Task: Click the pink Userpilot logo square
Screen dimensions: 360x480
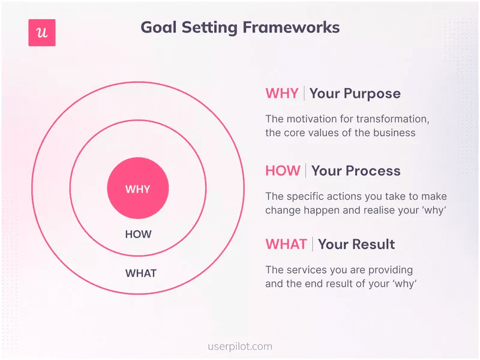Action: pyautogui.click(x=42, y=33)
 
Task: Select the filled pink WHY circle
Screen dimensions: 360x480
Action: pyautogui.click(x=138, y=189)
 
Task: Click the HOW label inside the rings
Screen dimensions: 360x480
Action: pyautogui.click(x=138, y=235)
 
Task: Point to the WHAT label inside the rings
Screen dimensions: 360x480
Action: pyautogui.click(x=140, y=274)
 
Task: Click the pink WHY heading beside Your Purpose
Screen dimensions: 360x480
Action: pyautogui.click(x=281, y=94)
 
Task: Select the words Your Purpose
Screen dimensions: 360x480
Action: pyautogui.click(x=355, y=94)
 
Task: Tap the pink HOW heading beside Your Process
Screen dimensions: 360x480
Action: pyautogui.click(x=282, y=170)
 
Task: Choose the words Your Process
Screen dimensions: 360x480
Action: pyautogui.click(x=356, y=170)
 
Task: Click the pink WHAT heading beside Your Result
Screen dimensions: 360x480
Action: pyautogui.click(x=286, y=244)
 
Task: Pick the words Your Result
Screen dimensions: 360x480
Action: pyautogui.click(x=356, y=244)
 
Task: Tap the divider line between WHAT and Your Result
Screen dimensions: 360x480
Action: pyautogui.click(x=312, y=244)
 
